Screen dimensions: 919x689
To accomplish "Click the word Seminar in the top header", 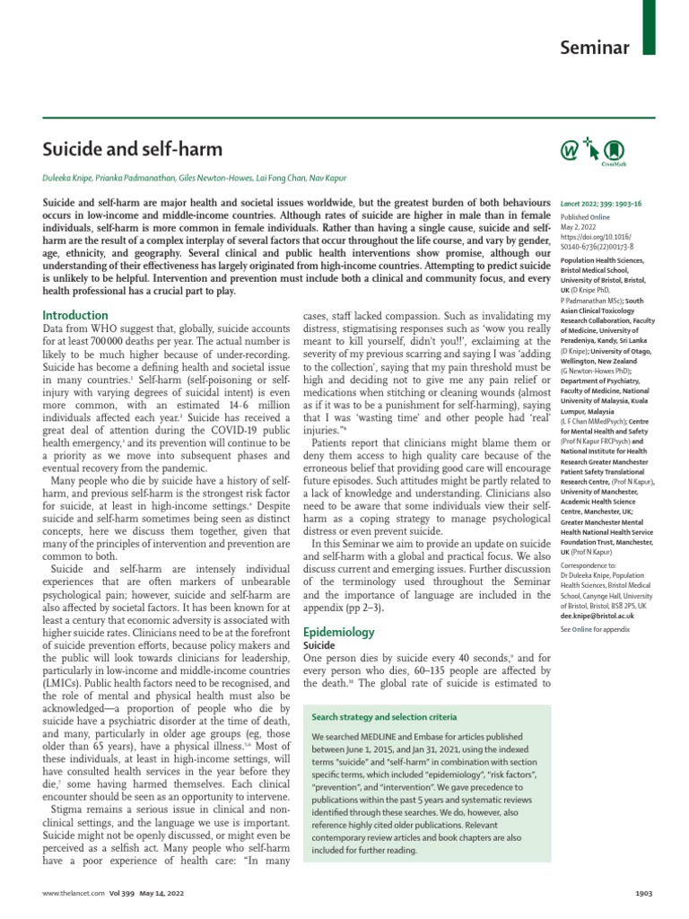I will pos(595,48).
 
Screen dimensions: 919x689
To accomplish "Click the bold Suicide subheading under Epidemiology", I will pos(319,620).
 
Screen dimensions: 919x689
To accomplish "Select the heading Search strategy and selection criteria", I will pos(384,717).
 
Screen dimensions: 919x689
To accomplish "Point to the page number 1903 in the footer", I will pos(644,894).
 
